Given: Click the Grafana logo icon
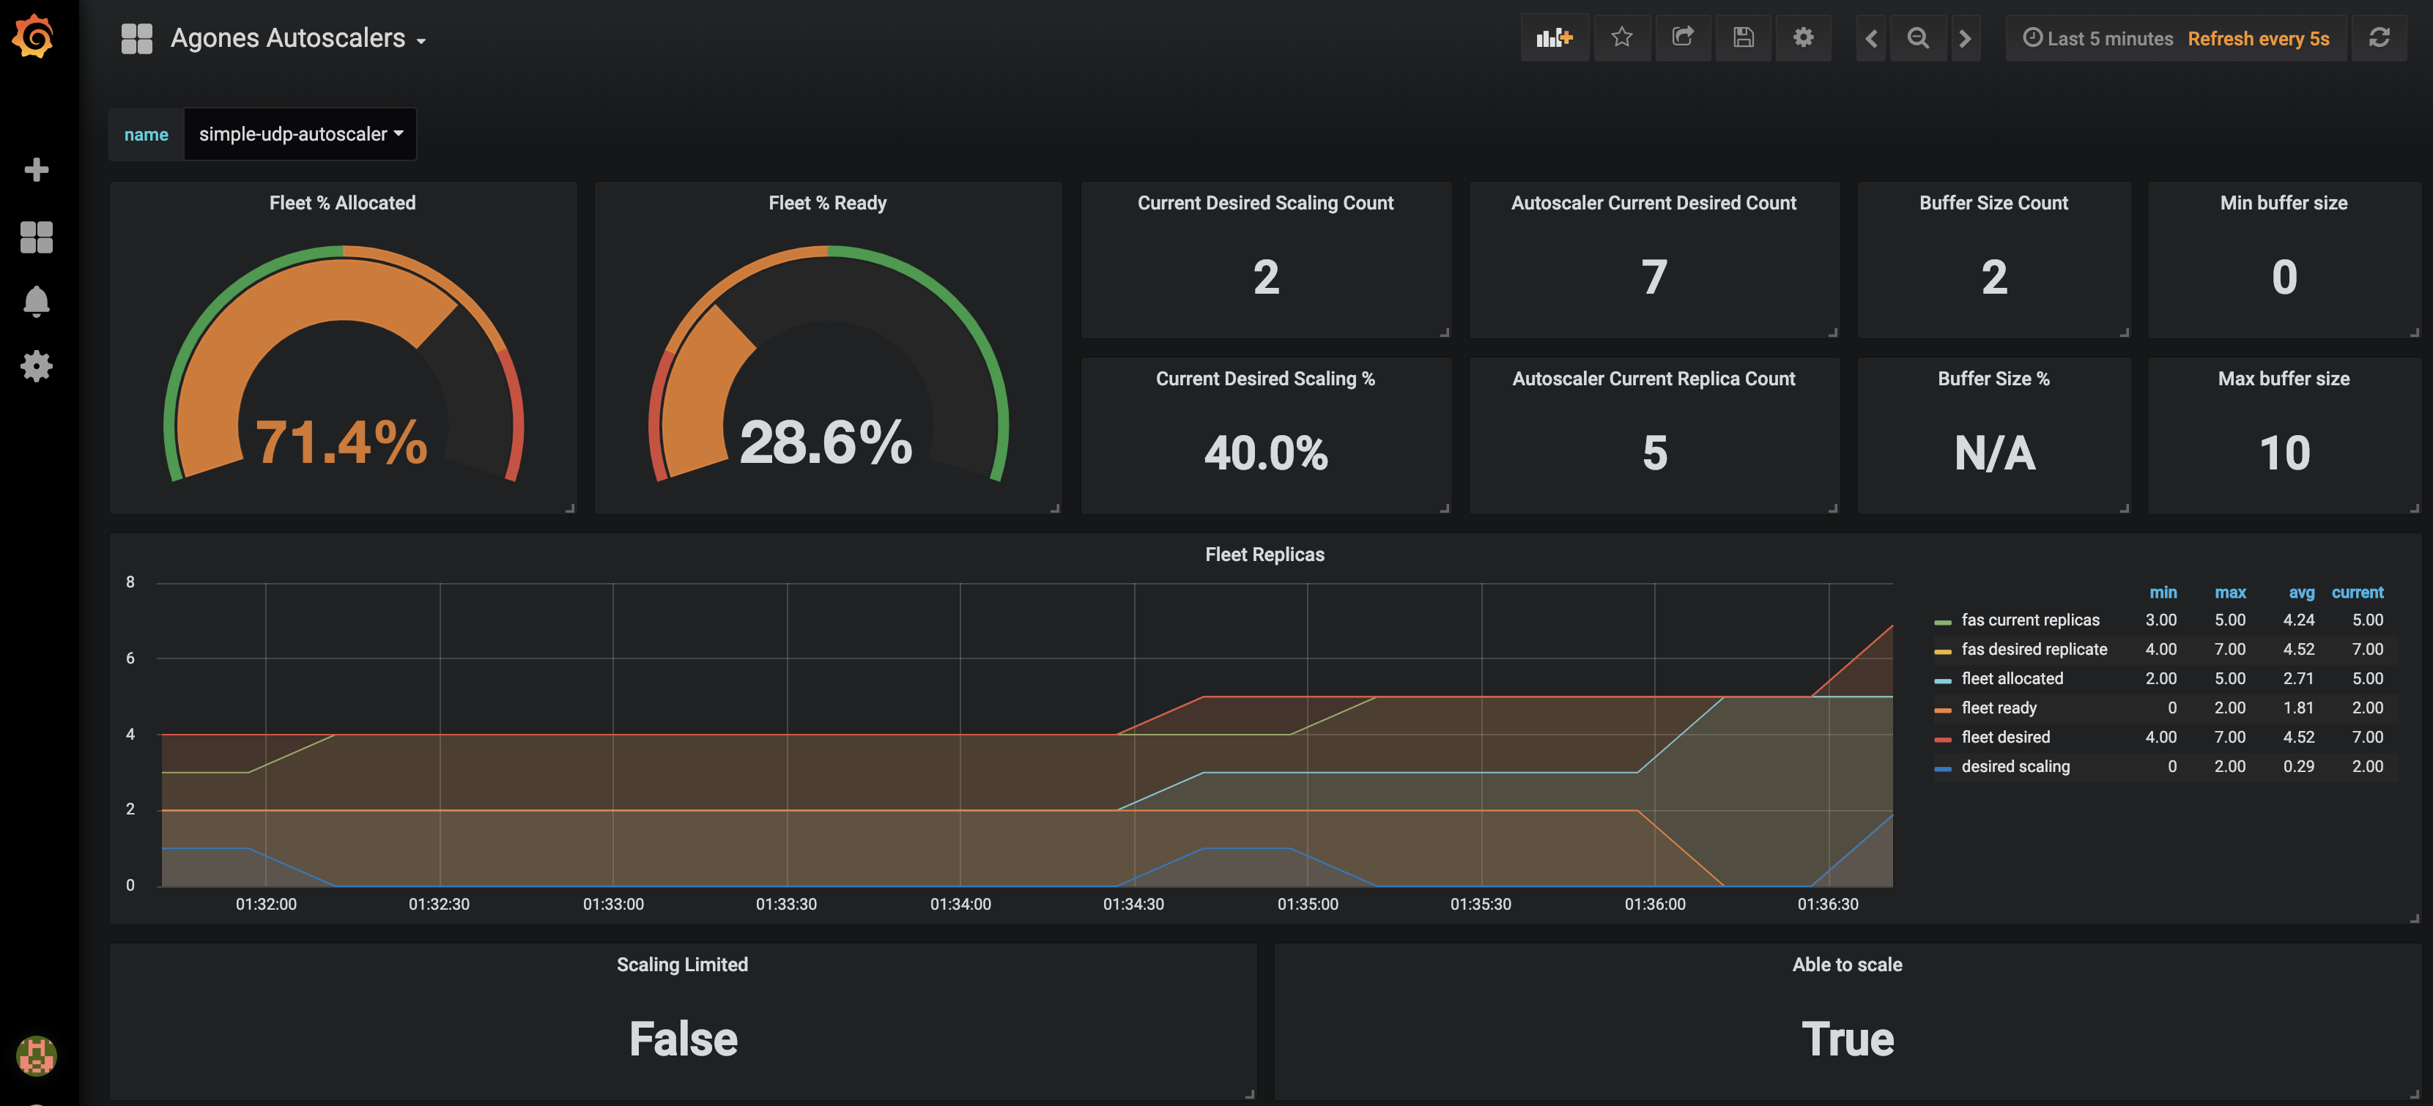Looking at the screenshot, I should click(x=34, y=37).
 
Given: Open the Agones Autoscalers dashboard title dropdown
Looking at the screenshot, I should click(x=297, y=39).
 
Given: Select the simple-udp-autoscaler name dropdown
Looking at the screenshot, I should click(x=300, y=134).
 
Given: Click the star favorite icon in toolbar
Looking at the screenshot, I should click(x=1622, y=38).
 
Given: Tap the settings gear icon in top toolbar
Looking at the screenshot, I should click(x=1803, y=38).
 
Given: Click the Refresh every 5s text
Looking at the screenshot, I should click(x=2257, y=39).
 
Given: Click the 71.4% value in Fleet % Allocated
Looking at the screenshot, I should click(x=341, y=442).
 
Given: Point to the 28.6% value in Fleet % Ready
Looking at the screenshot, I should click(x=826, y=442).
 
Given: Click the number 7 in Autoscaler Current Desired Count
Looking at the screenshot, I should click(x=1653, y=278).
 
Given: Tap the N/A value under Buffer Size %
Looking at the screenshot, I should click(x=1994, y=453).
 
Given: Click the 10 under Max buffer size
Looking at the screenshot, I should click(x=2284, y=453).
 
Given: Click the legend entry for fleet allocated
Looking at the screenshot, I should click(x=2011, y=678).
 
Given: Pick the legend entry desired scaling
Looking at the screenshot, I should click(x=2015, y=766).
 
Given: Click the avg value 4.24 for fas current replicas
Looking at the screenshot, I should click(x=2298, y=620).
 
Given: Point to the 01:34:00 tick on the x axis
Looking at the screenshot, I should click(x=960, y=904).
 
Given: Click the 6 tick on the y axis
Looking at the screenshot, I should click(x=130, y=658).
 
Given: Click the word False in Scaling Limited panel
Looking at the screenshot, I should click(x=683, y=1039).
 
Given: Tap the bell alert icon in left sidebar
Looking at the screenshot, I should click(x=36, y=301).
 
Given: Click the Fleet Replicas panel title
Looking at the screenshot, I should click(x=1264, y=554).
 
